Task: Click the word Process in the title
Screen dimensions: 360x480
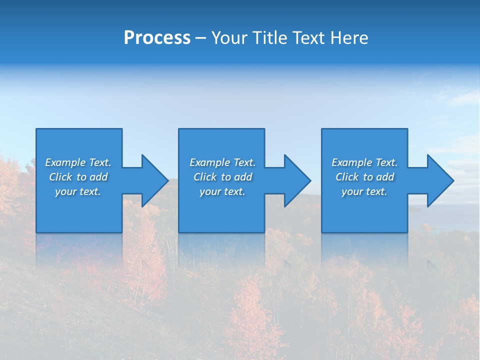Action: (157, 38)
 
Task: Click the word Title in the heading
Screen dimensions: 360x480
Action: (268, 38)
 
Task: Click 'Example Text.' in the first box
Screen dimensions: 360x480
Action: (78, 162)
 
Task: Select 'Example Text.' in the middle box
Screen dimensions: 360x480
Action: (222, 162)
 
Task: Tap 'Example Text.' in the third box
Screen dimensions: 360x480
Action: (364, 162)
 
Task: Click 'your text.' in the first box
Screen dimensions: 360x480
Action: (78, 191)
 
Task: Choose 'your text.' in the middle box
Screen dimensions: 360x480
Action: (222, 191)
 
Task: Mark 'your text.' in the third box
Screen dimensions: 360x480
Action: (364, 191)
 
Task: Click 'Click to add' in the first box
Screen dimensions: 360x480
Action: (78, 177)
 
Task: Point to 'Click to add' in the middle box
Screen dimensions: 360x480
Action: (222, 177)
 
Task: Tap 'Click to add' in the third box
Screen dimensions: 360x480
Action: (364, 177)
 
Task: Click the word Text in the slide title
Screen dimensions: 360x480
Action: (305, 38)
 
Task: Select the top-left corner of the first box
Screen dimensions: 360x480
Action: (36, 129)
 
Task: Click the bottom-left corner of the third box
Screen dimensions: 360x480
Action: (322, 232)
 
